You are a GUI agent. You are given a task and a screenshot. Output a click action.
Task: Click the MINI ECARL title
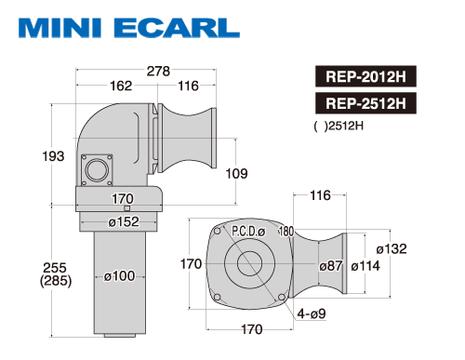(x=129, y=28)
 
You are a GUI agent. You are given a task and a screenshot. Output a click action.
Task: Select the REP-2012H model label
(x=365, y=76)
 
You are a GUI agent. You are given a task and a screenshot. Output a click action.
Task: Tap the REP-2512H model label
(x=365, y=103)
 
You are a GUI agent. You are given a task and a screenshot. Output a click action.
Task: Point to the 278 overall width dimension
(x=158, y=71)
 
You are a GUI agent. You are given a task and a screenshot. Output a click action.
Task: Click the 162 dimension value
(x=121, y=86)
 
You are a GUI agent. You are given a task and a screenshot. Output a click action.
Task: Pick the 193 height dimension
(x=53, y=156)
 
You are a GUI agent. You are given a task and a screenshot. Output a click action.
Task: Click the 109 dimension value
(x=236, y=174)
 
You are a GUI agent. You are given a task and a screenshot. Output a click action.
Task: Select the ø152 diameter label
(x=124, y=221)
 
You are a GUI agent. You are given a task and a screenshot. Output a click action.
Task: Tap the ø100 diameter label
(x=119, y=276)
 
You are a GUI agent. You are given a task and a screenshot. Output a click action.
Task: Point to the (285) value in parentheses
(x=56, y=281)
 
